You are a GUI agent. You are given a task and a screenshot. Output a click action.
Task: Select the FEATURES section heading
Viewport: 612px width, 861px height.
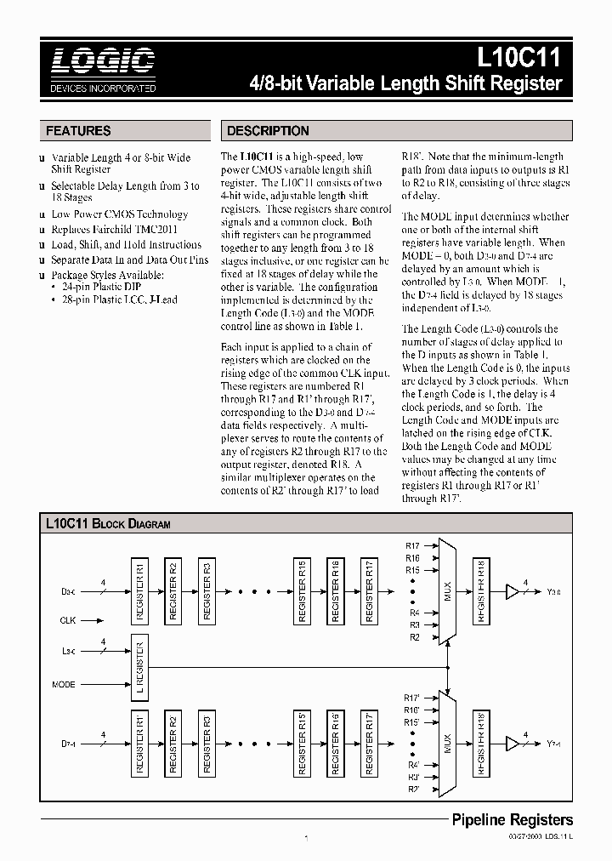coord(78,131)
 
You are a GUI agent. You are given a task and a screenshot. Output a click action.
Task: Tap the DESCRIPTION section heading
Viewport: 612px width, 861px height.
coord(268,131)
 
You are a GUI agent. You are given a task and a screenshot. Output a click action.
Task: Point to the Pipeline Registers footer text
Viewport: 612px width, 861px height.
coord(511,820)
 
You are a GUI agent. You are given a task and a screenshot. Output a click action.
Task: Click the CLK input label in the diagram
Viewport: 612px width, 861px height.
coord(68,620)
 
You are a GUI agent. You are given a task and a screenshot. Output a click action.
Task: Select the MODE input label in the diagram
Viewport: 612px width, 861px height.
coord(64,684)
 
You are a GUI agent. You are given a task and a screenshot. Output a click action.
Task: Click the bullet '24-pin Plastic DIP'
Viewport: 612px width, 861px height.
coord(99,288)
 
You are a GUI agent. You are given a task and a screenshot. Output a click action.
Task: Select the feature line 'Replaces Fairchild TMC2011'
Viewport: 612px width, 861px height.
coord(116,230)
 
